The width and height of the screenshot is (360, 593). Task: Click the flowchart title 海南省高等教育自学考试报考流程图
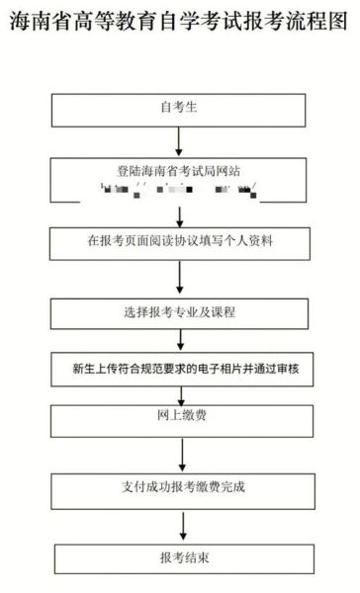[x=179, y=23]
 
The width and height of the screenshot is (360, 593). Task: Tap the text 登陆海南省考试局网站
[x=179, y=170]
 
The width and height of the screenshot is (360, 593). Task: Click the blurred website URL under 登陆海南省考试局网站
[x=179, y=187]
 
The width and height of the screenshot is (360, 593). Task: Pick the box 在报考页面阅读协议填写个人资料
[x=179, y=240]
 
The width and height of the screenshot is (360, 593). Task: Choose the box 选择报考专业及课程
[x=179, y=313]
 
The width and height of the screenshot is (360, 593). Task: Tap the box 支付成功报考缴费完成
[x=179, y=486]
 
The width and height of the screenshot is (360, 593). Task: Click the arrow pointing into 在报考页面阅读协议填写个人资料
[x=179, y=214]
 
